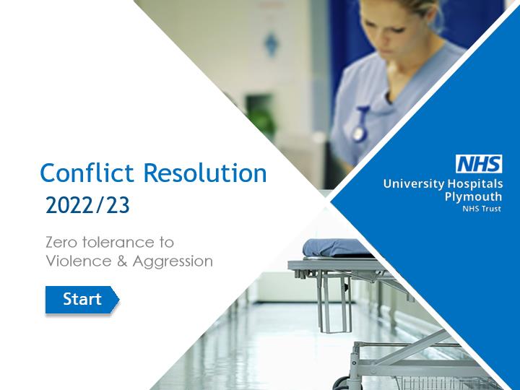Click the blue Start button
82,300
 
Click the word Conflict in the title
87,173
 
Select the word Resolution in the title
205,173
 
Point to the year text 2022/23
87,205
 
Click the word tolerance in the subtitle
116,242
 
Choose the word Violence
79,261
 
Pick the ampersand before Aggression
122,261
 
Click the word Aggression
173,262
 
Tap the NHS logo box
479,164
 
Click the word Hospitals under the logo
475,184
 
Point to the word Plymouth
473,197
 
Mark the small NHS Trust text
482,209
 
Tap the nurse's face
391,32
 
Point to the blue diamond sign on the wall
271,44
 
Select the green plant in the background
261,117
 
